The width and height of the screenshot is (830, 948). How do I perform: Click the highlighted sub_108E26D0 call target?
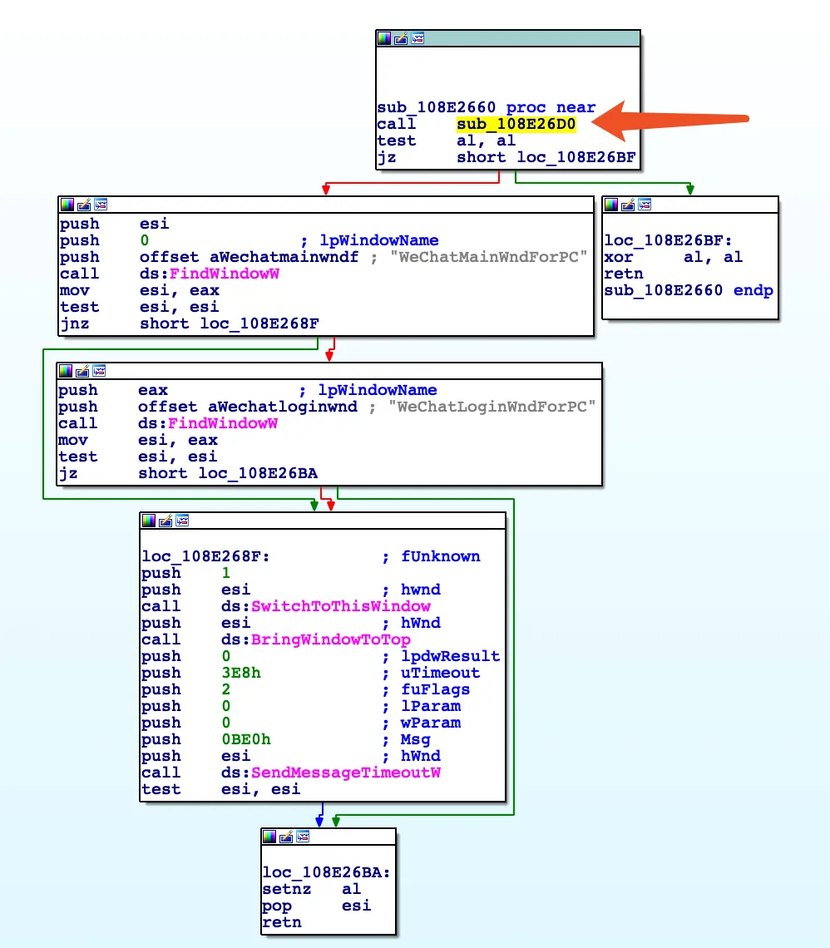click(516, 124)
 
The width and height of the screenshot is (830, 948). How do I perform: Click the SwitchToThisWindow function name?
click(341, 606)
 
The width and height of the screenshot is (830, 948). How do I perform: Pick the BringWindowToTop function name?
click(331, 639)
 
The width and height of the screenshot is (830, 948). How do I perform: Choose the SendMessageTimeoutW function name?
click(345, 773)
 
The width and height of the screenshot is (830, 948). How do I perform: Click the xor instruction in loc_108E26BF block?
click(619, 257)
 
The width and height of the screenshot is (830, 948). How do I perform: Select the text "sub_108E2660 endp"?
click(689, 290)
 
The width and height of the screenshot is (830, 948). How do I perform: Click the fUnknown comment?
click(440, 556)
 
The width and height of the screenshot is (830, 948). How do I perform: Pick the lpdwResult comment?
click(450, 656)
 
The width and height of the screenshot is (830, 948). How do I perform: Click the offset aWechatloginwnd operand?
click(247, 407)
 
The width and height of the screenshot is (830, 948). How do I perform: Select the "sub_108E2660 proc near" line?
click(486, 107)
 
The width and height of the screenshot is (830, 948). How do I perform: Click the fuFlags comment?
click(435, 689)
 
